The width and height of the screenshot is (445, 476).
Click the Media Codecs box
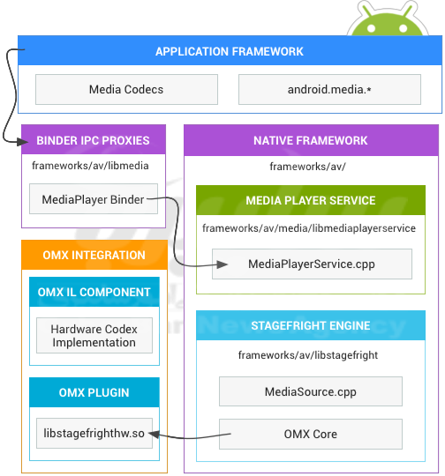(126, 90)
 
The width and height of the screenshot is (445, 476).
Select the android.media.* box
(329, 90)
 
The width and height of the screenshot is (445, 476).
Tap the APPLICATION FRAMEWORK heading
(230, 51)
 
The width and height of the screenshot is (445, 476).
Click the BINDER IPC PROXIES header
(94, 139)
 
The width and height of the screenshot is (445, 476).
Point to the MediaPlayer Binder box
(94, 199)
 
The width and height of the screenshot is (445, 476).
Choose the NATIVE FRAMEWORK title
(311, 140)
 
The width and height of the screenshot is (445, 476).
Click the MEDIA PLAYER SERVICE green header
(311, 200)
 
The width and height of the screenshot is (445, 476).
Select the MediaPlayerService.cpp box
(312, 264)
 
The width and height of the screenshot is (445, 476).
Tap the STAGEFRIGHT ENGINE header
(311, 325)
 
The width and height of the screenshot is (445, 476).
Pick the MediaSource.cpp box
(311, 391)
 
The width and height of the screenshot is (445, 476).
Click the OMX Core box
(311, 434)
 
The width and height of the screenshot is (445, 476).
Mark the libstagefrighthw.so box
(94, 433)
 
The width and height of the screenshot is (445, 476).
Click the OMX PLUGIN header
(94, 392)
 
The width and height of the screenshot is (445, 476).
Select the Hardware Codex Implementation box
(94, 336)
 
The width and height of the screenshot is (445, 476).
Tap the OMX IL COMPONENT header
(94, 292)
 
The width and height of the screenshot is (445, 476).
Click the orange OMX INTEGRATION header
(94, 255)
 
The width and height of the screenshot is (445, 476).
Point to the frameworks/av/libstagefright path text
(308, 355)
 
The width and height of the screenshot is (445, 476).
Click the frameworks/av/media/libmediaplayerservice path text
(309, 228)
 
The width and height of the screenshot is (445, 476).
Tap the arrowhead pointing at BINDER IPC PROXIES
(22, 141)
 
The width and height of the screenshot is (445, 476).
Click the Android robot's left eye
(372, 28)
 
